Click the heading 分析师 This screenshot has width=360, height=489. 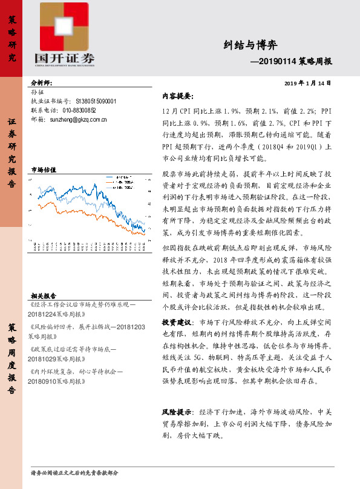pyautogui.click(x=42, y=82)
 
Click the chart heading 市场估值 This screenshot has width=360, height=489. pyautogui.click(x=43, y=171)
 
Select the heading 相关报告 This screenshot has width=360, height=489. pyautogui.click(x=43, y=295)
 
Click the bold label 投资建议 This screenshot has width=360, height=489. pyautogui.click(x=177, y=321)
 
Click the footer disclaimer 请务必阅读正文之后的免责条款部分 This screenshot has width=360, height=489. pyautogui.click(x=74, y=472)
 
